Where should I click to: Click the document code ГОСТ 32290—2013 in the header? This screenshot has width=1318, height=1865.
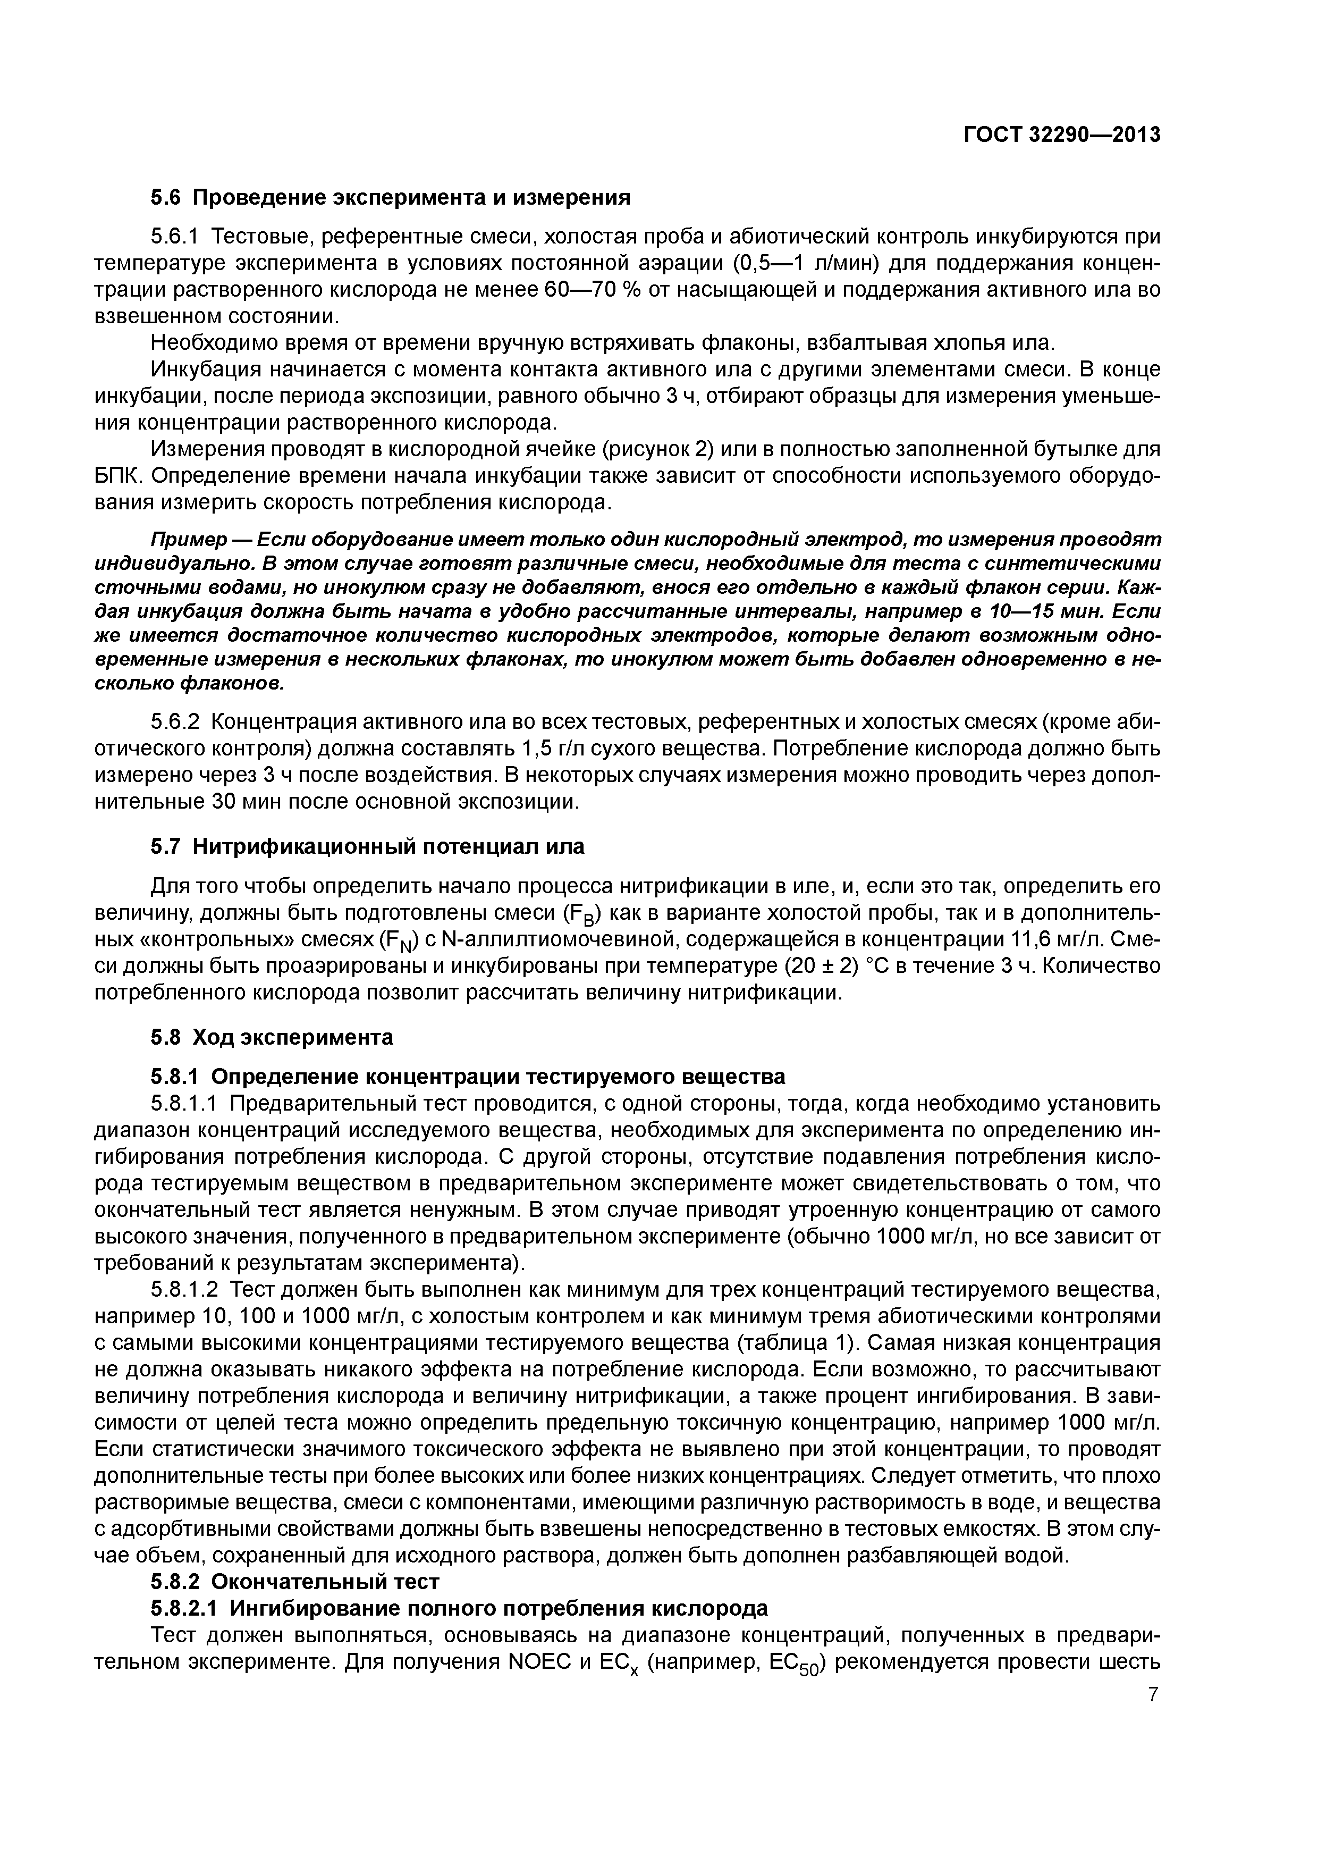[1061, 135]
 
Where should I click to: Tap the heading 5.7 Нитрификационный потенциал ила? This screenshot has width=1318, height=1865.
[367, 846]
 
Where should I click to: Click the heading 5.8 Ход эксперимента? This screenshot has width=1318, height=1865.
[271, 1037]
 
